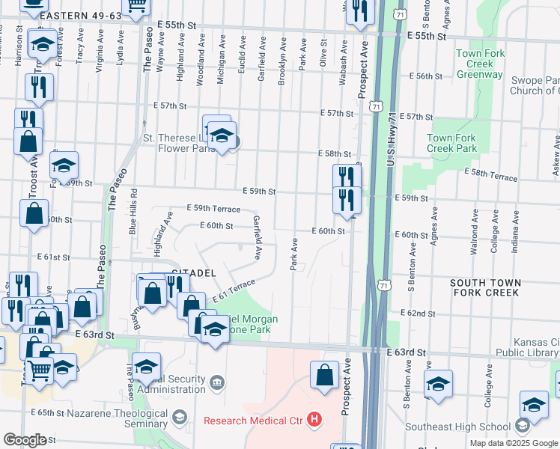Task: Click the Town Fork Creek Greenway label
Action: point(479,64)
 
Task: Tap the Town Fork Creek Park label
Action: point(451,143)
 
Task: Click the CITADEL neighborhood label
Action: point(194,272)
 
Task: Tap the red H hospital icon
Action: point(314,420)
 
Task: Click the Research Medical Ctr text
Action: point(255,420)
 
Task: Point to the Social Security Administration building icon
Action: point(216,383)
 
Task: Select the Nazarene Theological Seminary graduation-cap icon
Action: point(180,416)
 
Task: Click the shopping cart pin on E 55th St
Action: point(136,6)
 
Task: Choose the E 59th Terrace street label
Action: point(213,209)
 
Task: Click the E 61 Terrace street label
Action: point(234,290)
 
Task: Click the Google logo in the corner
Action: point(25,440)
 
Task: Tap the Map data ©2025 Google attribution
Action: point(513,443)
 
